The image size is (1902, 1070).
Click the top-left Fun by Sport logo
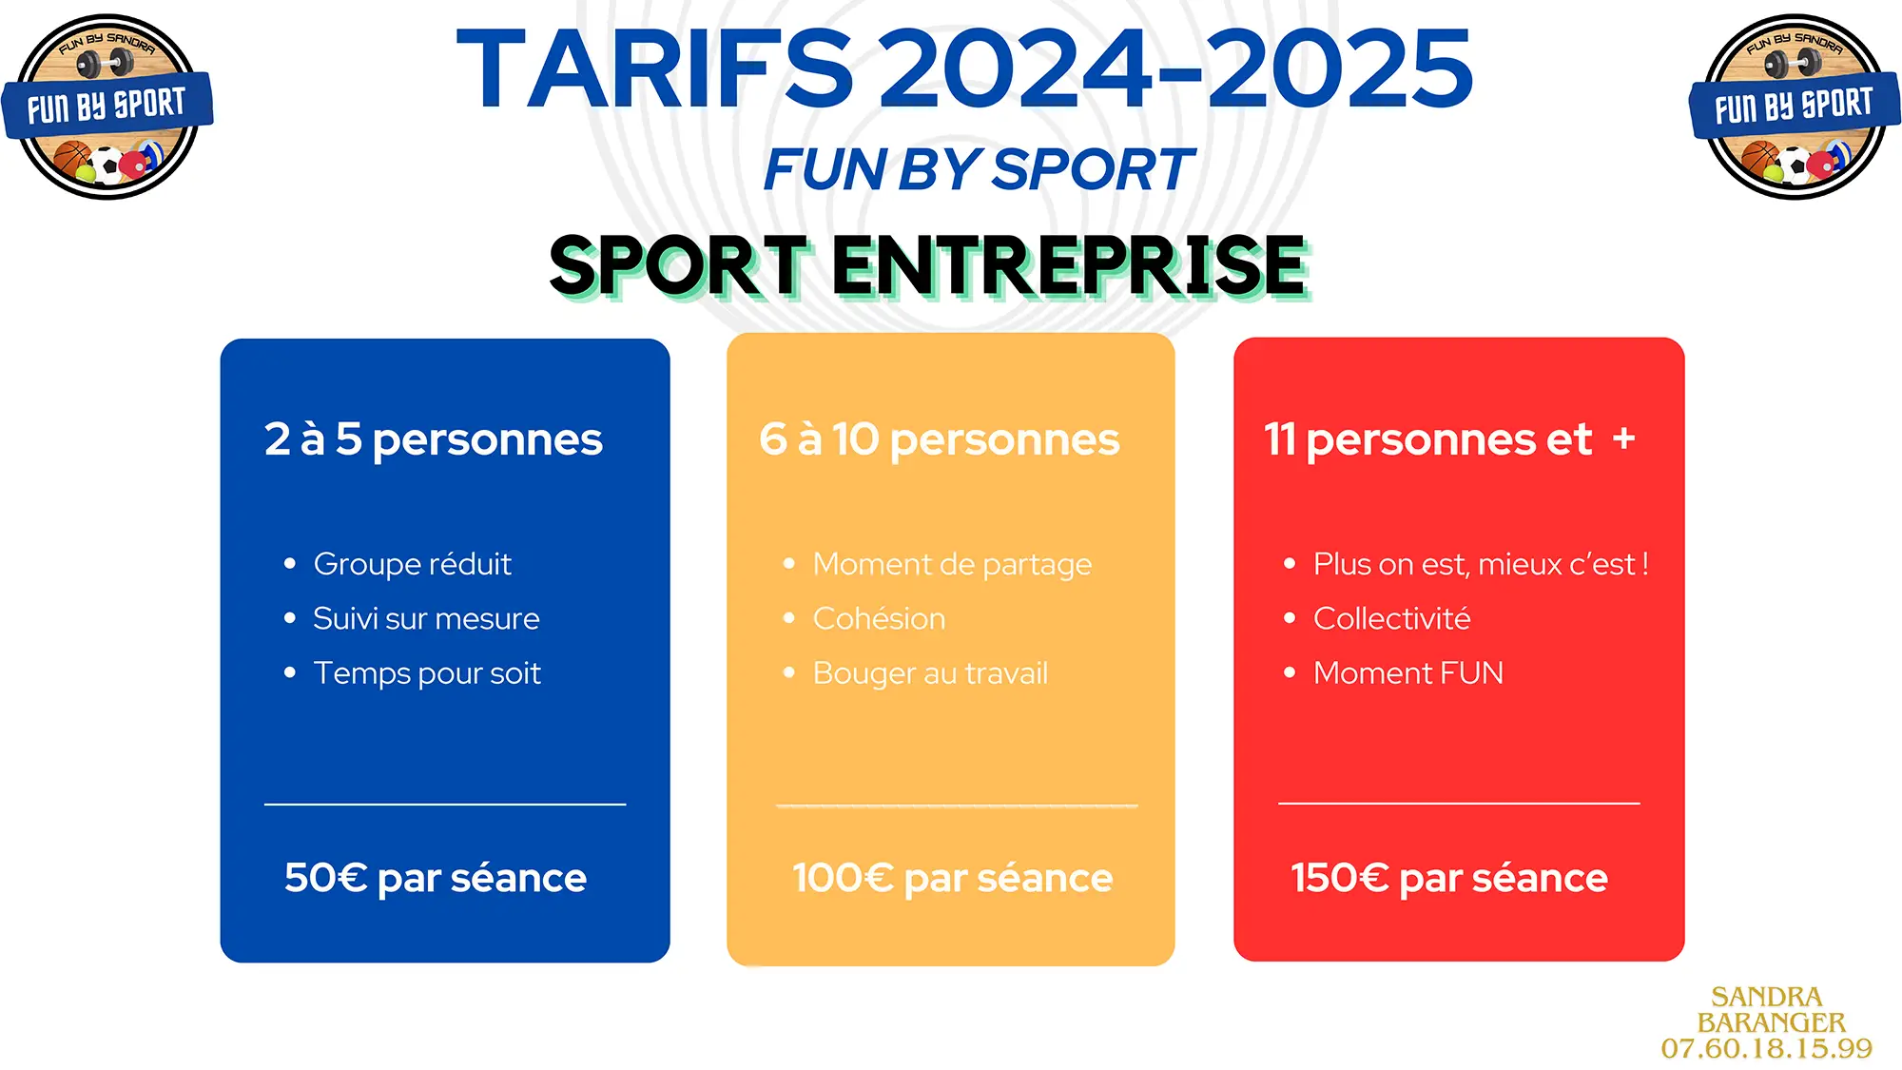(x=107, y=107)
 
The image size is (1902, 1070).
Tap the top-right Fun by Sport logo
(x=1795, y=107)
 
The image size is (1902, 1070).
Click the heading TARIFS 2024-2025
(x=964, y=68)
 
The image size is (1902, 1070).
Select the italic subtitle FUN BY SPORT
(x=979, y=170)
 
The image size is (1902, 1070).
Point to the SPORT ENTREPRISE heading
(x=930, y=265)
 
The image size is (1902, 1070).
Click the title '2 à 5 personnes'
(x=434, y=440)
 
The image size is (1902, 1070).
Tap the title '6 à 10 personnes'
(x=940, y=440)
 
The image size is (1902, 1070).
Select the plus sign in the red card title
(x=1623, y=438)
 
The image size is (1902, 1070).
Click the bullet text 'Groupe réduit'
(x=412, y=565)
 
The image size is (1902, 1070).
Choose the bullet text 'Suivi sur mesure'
(x=426, y=618)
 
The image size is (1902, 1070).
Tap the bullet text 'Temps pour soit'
(x=427, y=673)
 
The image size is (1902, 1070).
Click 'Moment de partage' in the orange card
(x=952, y=565)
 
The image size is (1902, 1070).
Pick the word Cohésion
(x=879, y=618)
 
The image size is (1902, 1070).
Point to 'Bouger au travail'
(x=930, y=673)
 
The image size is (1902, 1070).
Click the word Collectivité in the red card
(x=1391, y=618)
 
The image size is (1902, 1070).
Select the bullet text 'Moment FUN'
(x=1407, y=673)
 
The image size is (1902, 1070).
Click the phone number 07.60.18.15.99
(x=1767, y=1049)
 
